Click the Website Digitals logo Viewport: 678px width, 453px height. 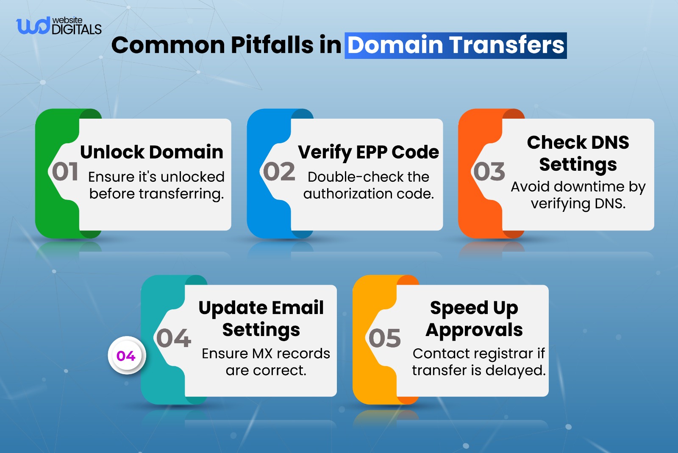pos(58,26)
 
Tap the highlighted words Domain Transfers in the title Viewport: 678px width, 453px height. pos(456,45)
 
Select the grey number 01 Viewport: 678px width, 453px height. pos(65,172)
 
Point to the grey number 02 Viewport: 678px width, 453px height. pos(279,172)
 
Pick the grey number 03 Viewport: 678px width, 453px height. pos(489,172)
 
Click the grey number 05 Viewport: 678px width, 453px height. pos(384,338)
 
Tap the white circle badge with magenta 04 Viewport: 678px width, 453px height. pos(126,356)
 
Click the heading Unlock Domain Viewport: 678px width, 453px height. pos(152,152)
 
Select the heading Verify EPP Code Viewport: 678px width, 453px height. pos(368,152)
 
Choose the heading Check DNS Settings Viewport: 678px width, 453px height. pos(578,153)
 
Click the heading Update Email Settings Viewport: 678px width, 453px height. pos(261,318)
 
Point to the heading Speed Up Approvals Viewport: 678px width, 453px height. pos(474,318)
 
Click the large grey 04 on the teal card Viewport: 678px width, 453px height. pos(174,338)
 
